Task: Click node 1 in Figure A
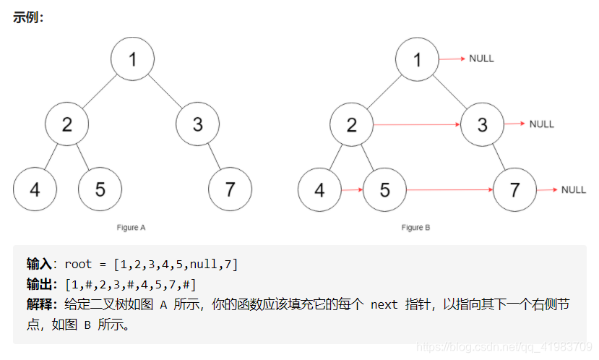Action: (132, 59)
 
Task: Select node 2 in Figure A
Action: (66, 124)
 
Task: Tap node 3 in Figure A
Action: (197, 124)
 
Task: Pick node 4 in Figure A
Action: (35, 189)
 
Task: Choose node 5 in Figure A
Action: (100, 189)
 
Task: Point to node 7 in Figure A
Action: (230, 189)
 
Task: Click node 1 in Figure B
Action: (417, 59)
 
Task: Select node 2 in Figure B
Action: (351, 124)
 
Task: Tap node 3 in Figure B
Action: (482, 124)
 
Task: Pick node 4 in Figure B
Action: (319, 189)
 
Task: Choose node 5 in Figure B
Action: (384, 189)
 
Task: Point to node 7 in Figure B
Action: (514, 189)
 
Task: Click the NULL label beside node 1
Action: (481, 59)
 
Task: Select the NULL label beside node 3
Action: (541, 124)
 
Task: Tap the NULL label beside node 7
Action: (574, 189)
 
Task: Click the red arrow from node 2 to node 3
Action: (417, 124)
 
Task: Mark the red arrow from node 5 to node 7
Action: (449, 190)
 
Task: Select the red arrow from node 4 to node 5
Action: (352, 190)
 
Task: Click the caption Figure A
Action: (132, 227)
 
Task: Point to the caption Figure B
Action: (416, 227)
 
